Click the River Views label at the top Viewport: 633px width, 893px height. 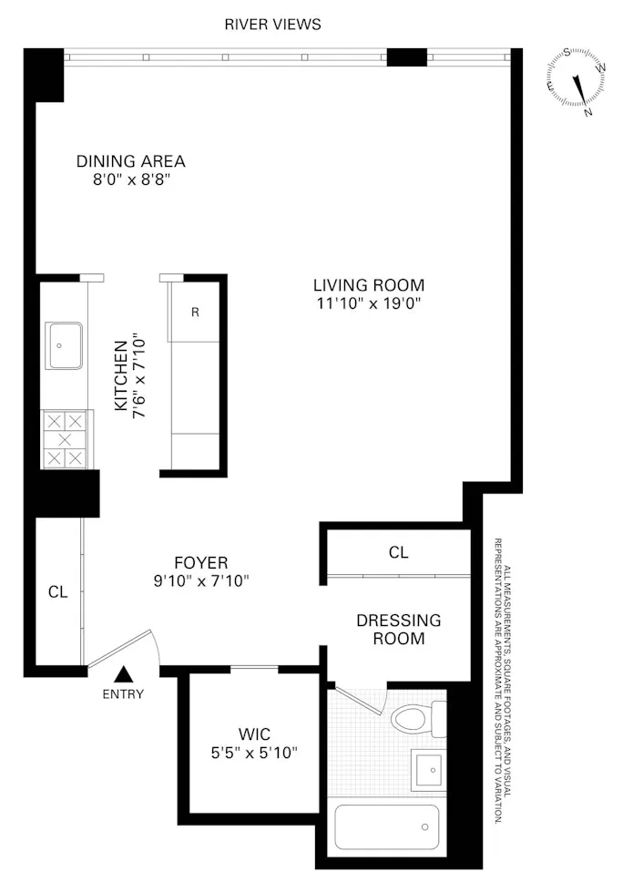click(272, 25)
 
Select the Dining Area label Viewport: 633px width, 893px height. click(130, 161)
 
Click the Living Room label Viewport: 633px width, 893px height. click(368, 284)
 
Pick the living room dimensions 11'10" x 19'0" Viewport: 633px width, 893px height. click(368, 303)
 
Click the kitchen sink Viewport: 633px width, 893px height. click(65, 345)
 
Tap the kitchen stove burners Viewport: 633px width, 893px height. click(66, 440)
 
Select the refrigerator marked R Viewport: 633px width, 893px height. click(195, 312)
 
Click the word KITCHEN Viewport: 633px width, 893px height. click(119, 375)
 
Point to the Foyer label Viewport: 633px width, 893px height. click(200, 562)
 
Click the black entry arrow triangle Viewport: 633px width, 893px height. click(125, 675)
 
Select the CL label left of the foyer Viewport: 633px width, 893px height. click(57, 591)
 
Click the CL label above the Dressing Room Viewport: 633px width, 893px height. click(398, 552)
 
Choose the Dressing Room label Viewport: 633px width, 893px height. click(398, 629)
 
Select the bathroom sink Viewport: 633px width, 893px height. click(426, 771)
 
